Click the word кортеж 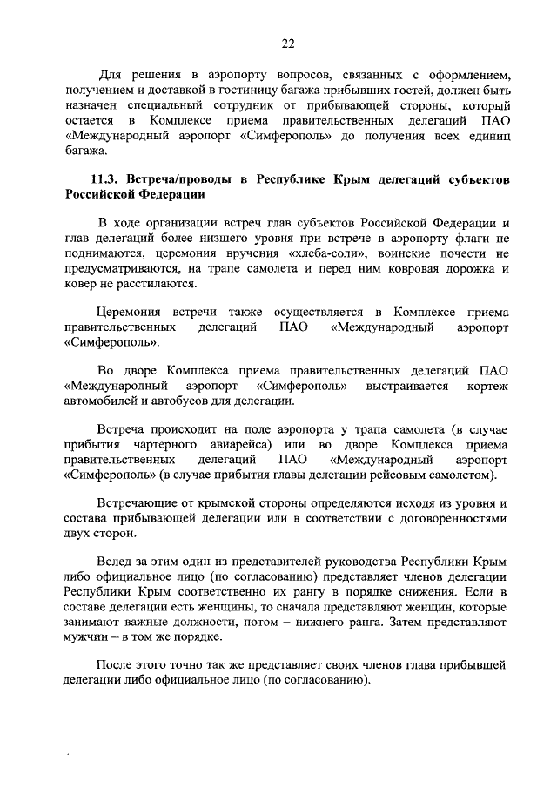pos(487,385)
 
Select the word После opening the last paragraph pos(117,666)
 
